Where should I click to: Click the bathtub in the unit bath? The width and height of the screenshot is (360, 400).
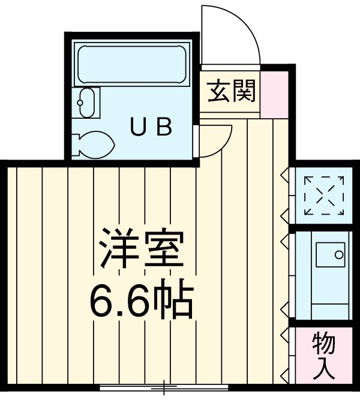(x=131, y=64)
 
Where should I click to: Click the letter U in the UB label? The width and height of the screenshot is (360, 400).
(x=139, y=127)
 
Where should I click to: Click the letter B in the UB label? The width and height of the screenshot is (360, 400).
(x=165, y=127)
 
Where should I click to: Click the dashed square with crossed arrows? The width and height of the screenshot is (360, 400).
(x=324, y=196)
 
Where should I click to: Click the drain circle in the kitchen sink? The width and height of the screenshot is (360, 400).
(x=339, y=255)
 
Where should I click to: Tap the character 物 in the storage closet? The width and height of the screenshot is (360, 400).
(x=324, y=344)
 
